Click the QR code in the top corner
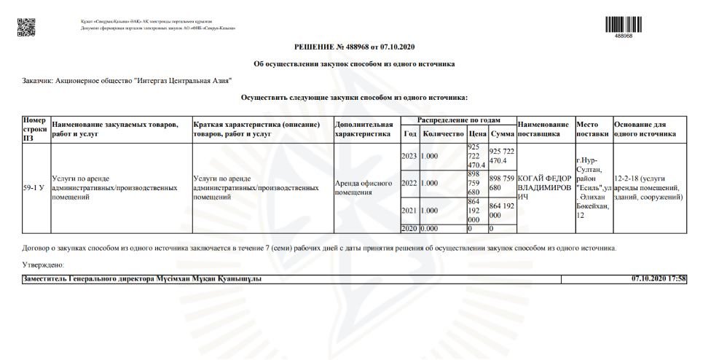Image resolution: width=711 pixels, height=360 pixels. (x=25, y=25)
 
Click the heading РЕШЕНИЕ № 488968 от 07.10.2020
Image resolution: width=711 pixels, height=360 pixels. (x=355, y=47)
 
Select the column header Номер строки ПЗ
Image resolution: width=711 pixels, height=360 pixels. (x=35, y=129)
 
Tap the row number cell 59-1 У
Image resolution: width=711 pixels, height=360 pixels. (x=35, y=187)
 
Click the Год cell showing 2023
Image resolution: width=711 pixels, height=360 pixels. (x=409, y=156)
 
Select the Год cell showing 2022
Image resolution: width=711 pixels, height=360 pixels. (x=409, y=183)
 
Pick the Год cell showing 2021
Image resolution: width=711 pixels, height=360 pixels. (x=409, y=211)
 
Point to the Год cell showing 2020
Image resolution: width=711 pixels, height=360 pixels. (x=409, y=229)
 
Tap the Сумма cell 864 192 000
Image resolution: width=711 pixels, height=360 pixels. (x=501, y=211)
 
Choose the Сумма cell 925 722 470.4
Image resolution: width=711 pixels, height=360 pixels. (x=501, y=155)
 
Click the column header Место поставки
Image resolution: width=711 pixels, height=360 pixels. (x=592, y=129)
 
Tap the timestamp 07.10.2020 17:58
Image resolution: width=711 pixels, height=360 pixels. (x=659, y=279)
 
